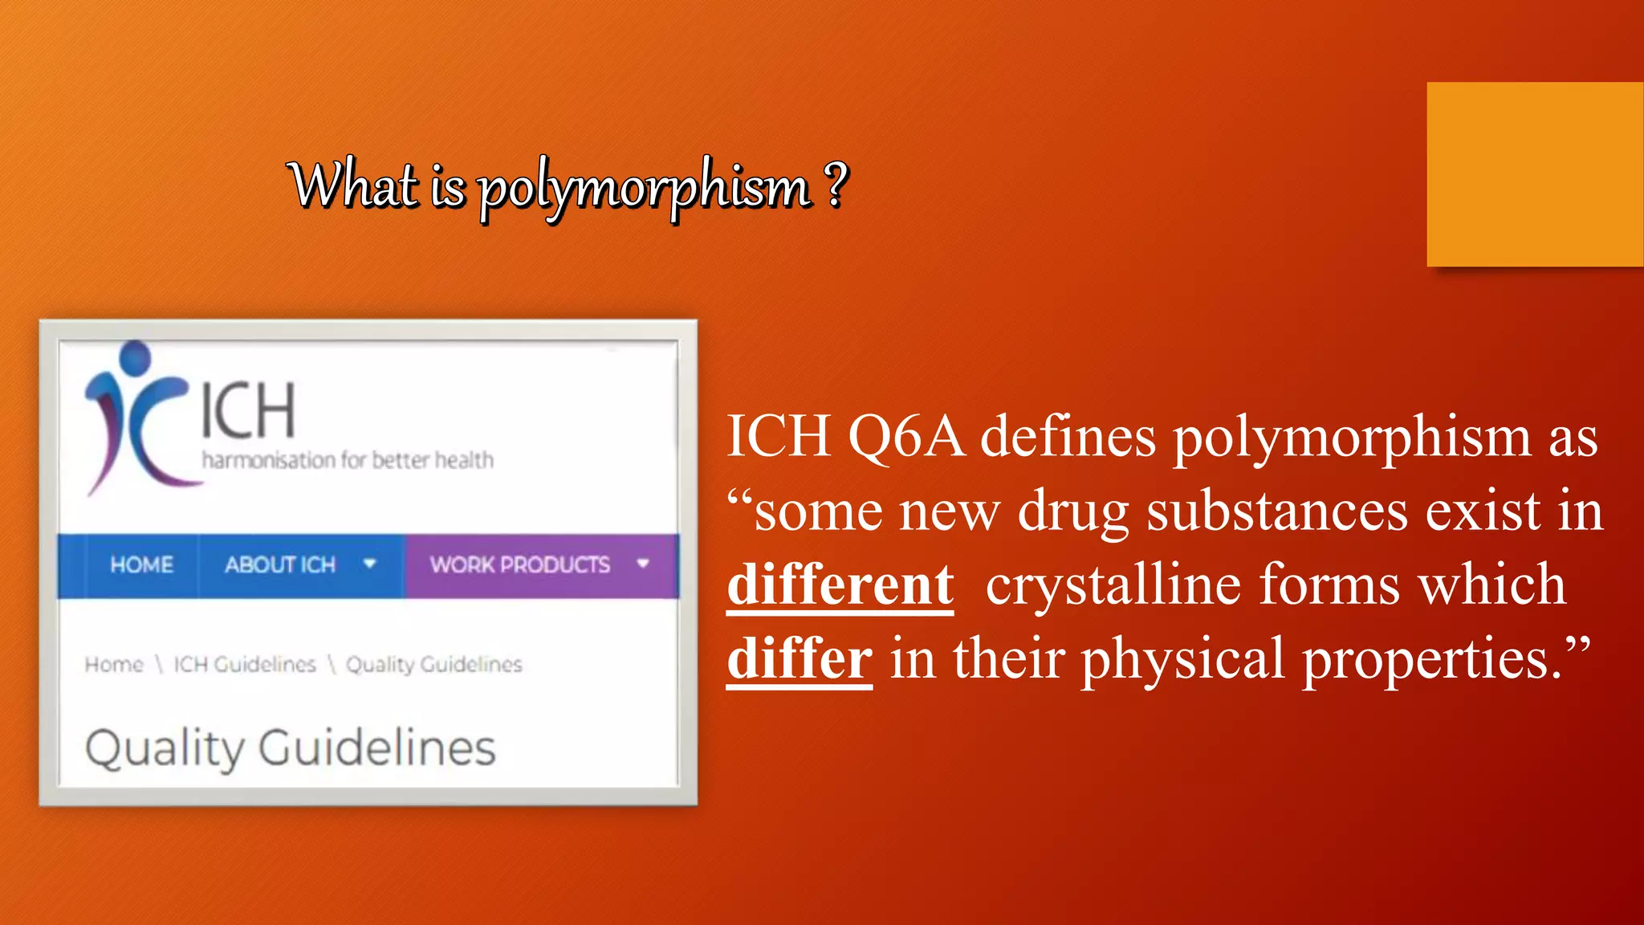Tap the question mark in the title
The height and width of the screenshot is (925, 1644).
tap(836, 183)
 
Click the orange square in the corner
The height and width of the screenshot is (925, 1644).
tap(1535, 174)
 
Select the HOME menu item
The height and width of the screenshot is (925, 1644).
tap(141, 565)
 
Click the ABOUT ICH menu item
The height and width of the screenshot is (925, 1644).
tap(280, 565)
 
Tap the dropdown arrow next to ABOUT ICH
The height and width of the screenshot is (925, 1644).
tap(369, 564)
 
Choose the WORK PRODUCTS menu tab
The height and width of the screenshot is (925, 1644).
tap(520, 565)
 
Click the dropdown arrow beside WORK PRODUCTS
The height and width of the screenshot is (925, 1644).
tap(642, 564)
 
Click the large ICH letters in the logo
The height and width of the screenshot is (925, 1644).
tap(248, 410)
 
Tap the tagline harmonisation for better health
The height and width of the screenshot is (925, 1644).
tap(348, 460)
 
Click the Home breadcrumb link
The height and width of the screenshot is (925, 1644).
tap(114, 665)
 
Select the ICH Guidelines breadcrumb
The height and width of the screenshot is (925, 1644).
tap(245, 665)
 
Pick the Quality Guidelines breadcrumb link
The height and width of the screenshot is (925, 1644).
tap(433, 665)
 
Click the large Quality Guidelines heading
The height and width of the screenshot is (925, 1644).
tap(290, 748)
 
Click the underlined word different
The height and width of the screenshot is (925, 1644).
tap(840, 585)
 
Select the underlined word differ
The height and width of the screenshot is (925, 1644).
tap(800, 658)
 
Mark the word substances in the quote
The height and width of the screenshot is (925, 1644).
tap(1276, 511)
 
